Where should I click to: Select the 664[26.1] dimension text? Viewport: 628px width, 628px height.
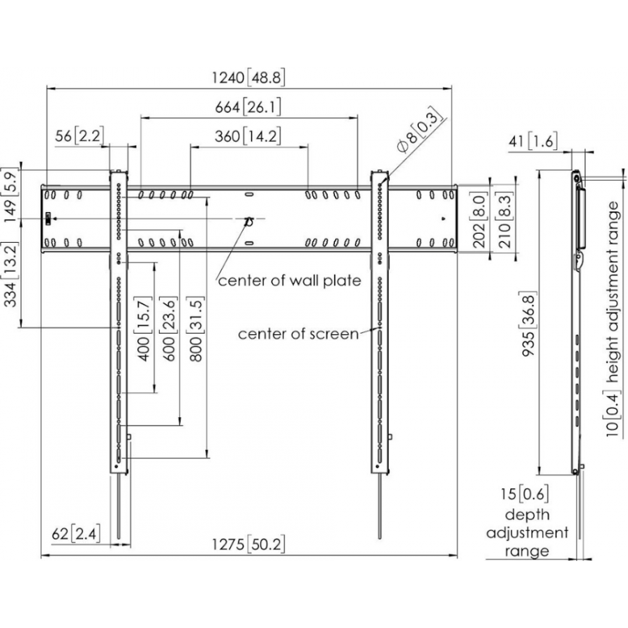click(x=249, y=107)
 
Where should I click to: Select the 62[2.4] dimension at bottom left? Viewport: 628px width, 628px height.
click(x=76, y=534)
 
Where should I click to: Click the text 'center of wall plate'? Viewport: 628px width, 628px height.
click(x=290, y=281)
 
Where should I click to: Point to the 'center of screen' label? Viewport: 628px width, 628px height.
click(x=298, y=334)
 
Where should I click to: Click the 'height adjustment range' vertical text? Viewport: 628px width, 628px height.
click(x=613, y=292)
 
